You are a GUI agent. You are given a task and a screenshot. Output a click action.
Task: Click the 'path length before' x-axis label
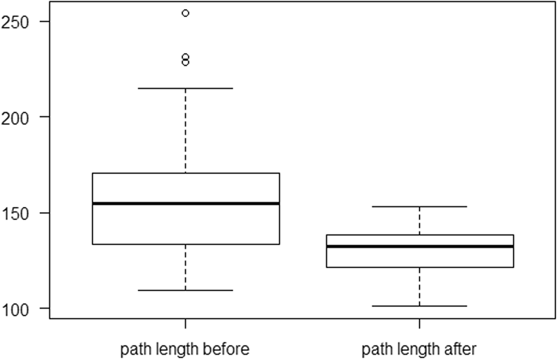(185, 348)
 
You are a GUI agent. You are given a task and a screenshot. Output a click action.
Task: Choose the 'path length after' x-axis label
(419, 348)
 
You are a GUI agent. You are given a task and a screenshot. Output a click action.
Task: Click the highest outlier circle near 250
(185, 12)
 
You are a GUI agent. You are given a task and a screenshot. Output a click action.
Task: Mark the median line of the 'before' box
(185, 204)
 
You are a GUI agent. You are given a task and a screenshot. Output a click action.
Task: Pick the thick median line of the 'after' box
(419, 246)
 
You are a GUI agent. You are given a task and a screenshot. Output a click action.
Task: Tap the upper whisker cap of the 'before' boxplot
(185, 88)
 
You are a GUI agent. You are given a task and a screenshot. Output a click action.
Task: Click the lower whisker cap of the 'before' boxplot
(185, 290)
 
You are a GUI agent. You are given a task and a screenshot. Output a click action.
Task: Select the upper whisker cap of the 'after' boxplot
(419, 207)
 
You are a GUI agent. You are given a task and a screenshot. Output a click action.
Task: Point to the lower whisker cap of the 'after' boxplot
(419, 306)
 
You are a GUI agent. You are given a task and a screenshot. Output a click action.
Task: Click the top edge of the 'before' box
(185, 173)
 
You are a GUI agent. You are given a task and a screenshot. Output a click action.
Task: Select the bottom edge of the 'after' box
(419, 267)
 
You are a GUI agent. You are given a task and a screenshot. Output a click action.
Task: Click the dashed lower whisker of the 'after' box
(419, 286)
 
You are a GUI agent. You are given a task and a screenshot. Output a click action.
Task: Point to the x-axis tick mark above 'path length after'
(419, 323)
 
